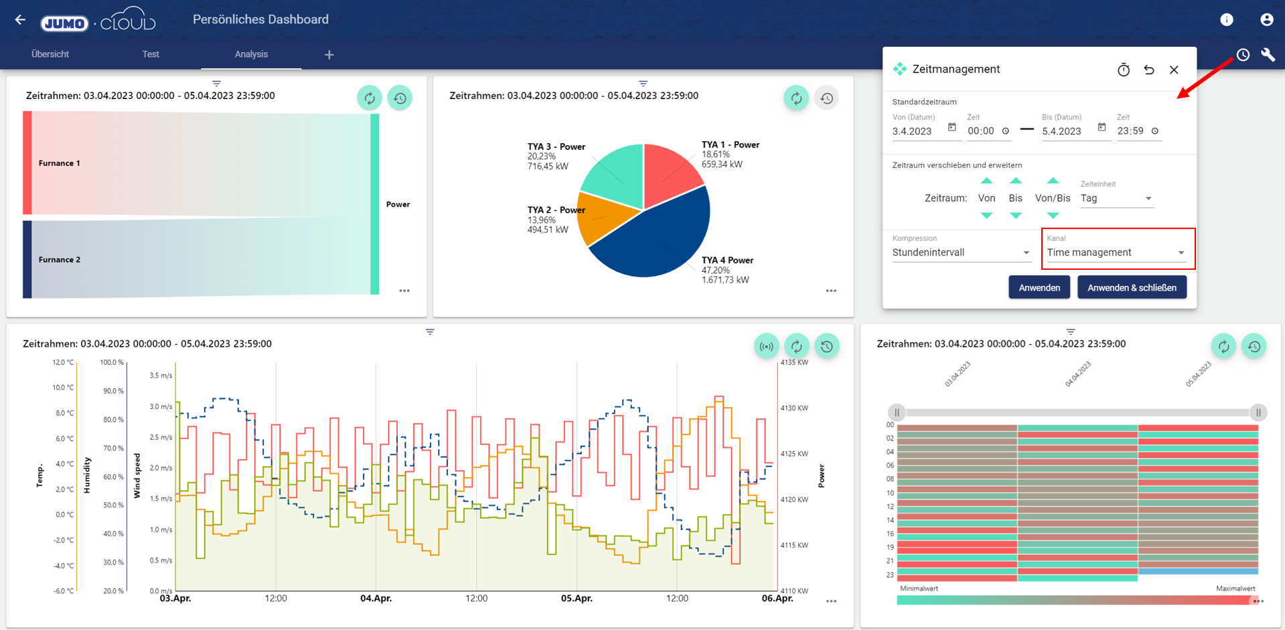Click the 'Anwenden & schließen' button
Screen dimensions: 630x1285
click(x=1132, y=288)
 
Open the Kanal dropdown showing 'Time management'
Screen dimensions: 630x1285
click(x=1116, y=252)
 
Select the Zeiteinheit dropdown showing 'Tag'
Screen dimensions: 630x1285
click(x=1116, y=198)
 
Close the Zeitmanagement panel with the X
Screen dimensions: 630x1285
click(x=1174, y=70)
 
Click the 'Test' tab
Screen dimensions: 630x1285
click(x=151, y=54)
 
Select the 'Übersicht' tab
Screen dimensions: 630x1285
click(x=50, y=54)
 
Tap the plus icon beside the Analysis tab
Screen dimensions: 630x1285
click(x=329, y=55)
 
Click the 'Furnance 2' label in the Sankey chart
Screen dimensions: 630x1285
click(x=60, y=260)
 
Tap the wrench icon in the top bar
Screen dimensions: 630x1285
click(x=1268, y=55)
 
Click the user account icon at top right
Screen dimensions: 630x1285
click(x=1266, y=19)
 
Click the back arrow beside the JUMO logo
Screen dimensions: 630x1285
click(x=20, y=19)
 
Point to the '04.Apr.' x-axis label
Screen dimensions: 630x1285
click(x=376, y=598)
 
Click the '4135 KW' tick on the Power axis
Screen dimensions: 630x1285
click(x=794, y=362)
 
